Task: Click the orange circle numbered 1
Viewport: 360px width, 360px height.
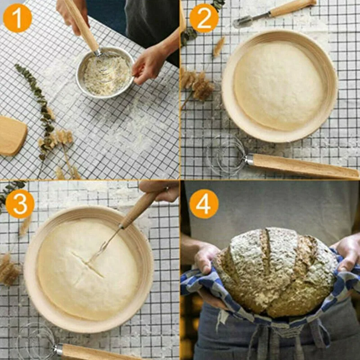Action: (18, 18)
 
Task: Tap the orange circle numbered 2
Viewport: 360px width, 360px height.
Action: (204, 18)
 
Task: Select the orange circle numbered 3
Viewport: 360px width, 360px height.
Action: (20, 204)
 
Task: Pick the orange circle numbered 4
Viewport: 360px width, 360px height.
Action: (204, 204)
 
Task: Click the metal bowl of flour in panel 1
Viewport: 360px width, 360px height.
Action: (105, 73)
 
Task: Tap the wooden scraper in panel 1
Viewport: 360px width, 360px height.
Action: (13, 136)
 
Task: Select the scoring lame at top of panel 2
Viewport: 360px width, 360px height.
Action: (273, 13)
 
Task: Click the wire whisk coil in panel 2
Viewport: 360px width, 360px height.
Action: (226, 155)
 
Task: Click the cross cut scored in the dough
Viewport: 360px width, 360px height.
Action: (88, 264)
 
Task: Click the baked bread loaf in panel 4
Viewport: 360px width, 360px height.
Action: (275, 272)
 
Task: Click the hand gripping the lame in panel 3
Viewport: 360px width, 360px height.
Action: (161, 190)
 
